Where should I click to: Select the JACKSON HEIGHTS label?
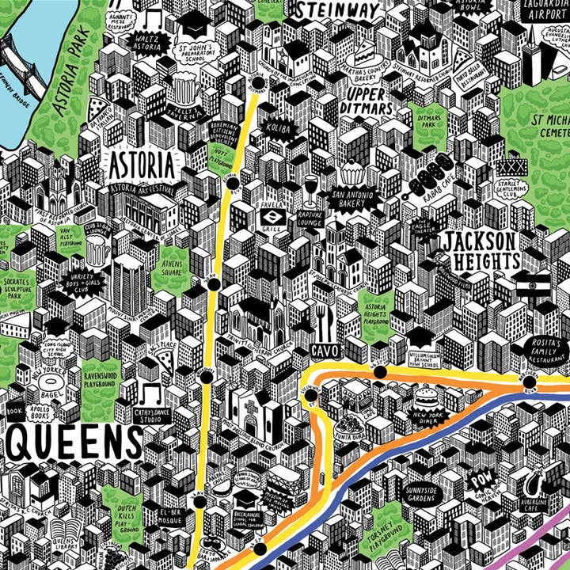(x=481, y=250)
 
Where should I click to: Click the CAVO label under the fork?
(x=325, y=349)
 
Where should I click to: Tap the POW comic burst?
(x=480, y=480)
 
